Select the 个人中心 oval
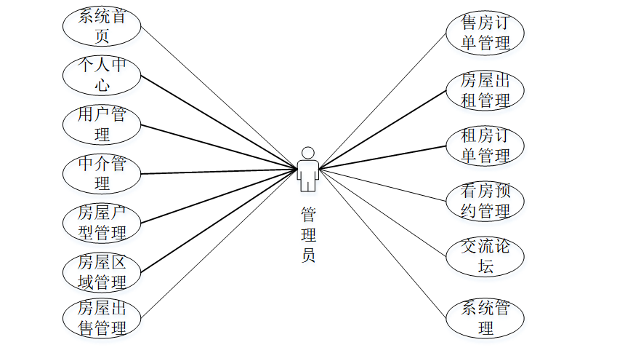102,75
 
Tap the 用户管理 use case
102,124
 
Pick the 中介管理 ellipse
102,173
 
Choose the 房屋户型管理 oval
102,223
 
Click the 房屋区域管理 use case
102,271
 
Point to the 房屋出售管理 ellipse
102,317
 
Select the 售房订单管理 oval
485,33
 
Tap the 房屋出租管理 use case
485,90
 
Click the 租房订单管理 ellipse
485,146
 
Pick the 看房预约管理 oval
485,202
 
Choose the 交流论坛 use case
485,256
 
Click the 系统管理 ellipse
485,318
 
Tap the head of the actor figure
307,153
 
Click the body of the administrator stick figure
307,175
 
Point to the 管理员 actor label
308,234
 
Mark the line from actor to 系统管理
385,245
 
